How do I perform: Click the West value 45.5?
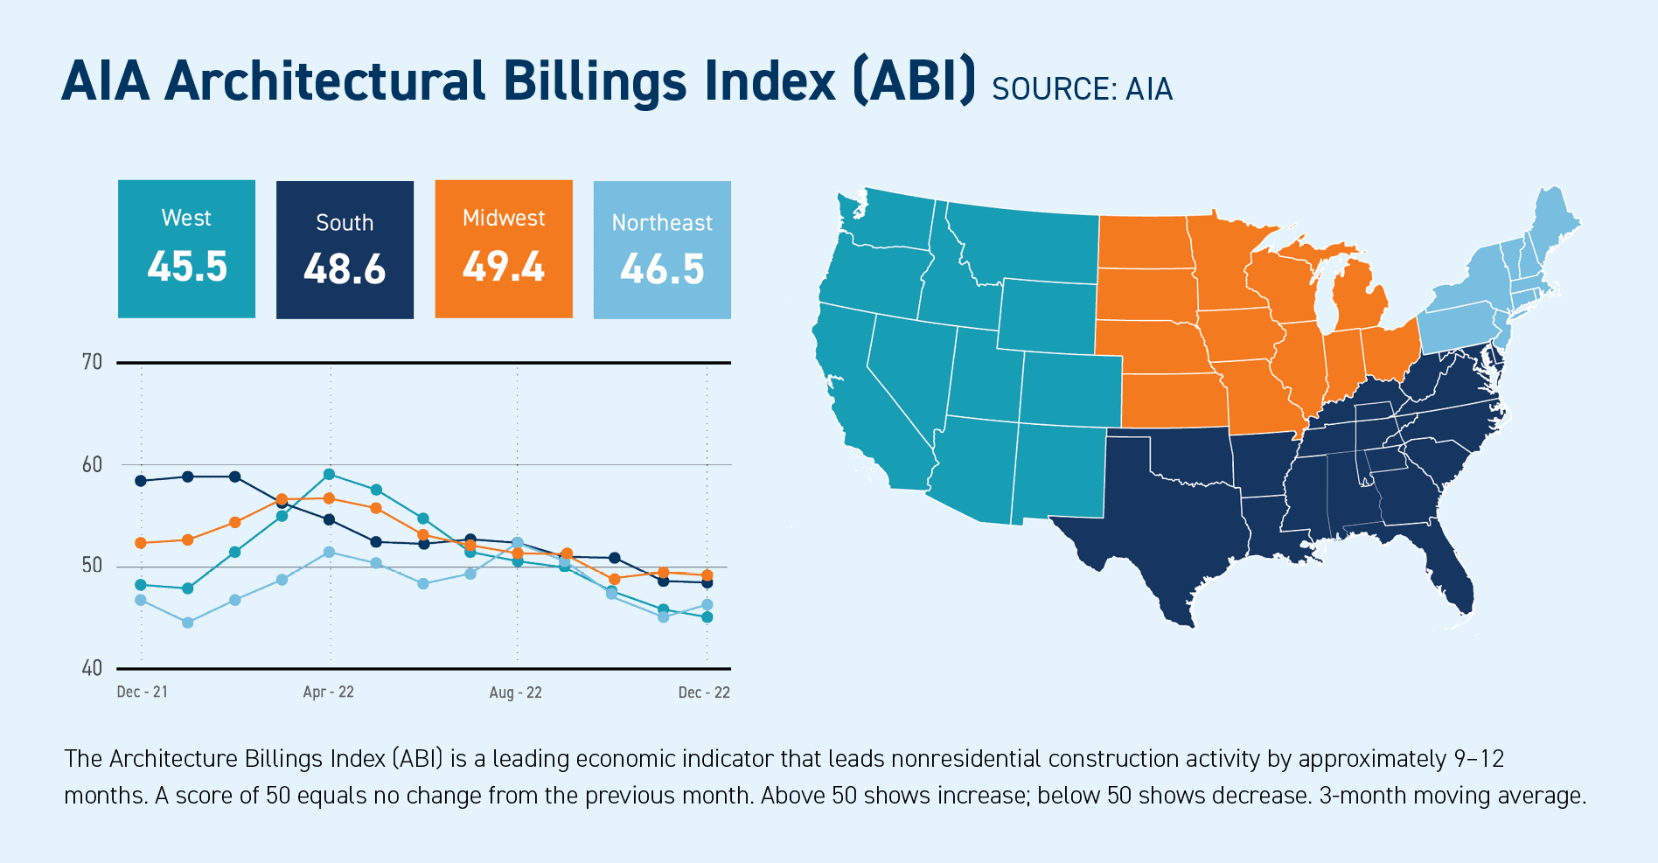(x=187, y=267)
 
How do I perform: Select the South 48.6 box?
(x=345, y=250)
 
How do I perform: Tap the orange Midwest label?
(x=504, y=218)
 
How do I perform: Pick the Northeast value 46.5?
(x=662, y=269)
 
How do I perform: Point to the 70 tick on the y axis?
(x=92, y=362)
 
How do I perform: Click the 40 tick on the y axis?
(x=92, y=669)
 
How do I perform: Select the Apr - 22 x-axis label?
(x=328, y=692)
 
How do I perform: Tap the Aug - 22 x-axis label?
(x=515, y=692)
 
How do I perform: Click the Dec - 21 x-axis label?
(x=142, y=692)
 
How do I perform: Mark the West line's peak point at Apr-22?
(x=329, y=475)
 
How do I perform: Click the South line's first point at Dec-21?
(x=141, y=481)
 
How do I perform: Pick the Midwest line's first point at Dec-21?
(x=141, y=543)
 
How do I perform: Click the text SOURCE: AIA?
(x=1082, y=89)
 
